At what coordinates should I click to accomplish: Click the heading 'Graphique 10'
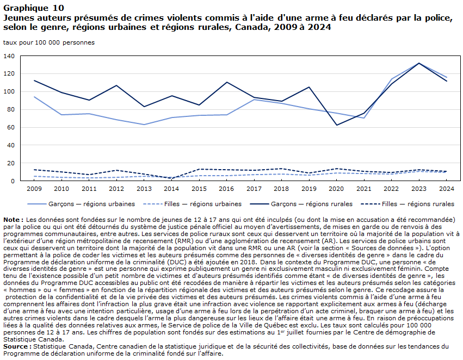click(x=34, y=8)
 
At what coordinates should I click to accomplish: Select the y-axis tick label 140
click(x=9, y=56)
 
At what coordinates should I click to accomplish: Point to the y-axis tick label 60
click(x=10, y=127)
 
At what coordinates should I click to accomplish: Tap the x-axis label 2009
click(x=34, y=189)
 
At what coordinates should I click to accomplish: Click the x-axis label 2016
click(x=226, y=189)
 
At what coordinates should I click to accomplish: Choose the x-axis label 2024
click(x=446, y=189)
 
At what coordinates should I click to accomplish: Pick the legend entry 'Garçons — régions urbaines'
click(x=81, y=204)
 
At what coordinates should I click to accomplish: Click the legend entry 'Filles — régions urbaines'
click(x=192, y=204)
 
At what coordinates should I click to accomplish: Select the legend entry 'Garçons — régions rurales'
click(x=301, y=204)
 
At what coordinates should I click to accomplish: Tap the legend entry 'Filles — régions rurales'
click(x=408, y=204)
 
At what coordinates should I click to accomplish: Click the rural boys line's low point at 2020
click(x=336, y=125)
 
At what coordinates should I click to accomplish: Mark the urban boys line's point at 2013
click(x=144, y=125)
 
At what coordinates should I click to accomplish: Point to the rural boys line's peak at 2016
click(x=226, y=82)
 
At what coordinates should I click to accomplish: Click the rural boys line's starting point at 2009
click(x=34, y=80)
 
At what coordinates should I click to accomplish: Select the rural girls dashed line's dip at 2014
click(x=171, y=178)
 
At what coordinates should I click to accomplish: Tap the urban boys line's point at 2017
click(x=254, y=100)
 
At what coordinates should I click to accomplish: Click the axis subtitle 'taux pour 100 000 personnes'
click(x=49, y=42)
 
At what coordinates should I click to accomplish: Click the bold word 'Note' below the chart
click(x=12, y=220)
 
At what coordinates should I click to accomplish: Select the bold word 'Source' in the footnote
click(x=15, y=346)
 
